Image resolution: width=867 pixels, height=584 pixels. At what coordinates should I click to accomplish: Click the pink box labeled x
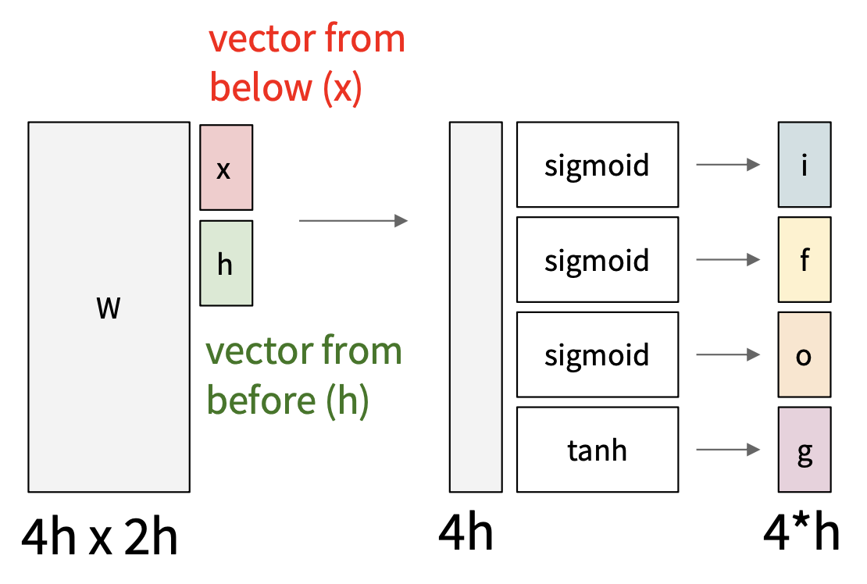(x=226, y=168)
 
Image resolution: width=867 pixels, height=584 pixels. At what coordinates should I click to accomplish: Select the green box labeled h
(x=226, y=263)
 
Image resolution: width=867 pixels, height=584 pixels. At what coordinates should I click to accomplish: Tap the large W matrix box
(x=109, y=307)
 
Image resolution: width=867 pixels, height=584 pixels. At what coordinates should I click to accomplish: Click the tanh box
(x=597, y=449)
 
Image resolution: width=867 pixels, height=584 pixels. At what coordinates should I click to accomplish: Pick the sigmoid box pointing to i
(x=597, y=164)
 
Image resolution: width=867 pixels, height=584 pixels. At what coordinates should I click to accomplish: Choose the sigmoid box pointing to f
(x=597, y=259)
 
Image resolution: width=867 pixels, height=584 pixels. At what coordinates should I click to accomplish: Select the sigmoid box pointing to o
(x=597, y=354)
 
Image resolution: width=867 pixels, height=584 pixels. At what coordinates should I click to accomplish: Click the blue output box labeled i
(x=804, y=164)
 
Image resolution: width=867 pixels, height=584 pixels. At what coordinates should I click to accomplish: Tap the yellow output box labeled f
(x=804, y=259)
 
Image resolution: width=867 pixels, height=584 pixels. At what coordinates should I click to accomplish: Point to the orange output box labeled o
(x=804, y=354)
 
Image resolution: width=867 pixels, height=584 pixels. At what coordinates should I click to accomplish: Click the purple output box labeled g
(x=804, y=449)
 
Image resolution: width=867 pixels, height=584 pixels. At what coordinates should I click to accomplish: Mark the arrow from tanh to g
(x=728, y=450)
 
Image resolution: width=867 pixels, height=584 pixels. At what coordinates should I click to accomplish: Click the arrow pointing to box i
(x=728, y=165)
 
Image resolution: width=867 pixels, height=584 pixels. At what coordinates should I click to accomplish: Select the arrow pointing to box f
(x=728, y=259)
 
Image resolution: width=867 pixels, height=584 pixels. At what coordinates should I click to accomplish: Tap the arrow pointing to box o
(x=728, y=354)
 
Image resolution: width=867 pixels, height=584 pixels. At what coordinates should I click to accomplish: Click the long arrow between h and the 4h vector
(x=353, y=221)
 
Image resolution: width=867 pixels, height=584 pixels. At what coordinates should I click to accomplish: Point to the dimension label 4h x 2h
(x=99, y=537)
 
